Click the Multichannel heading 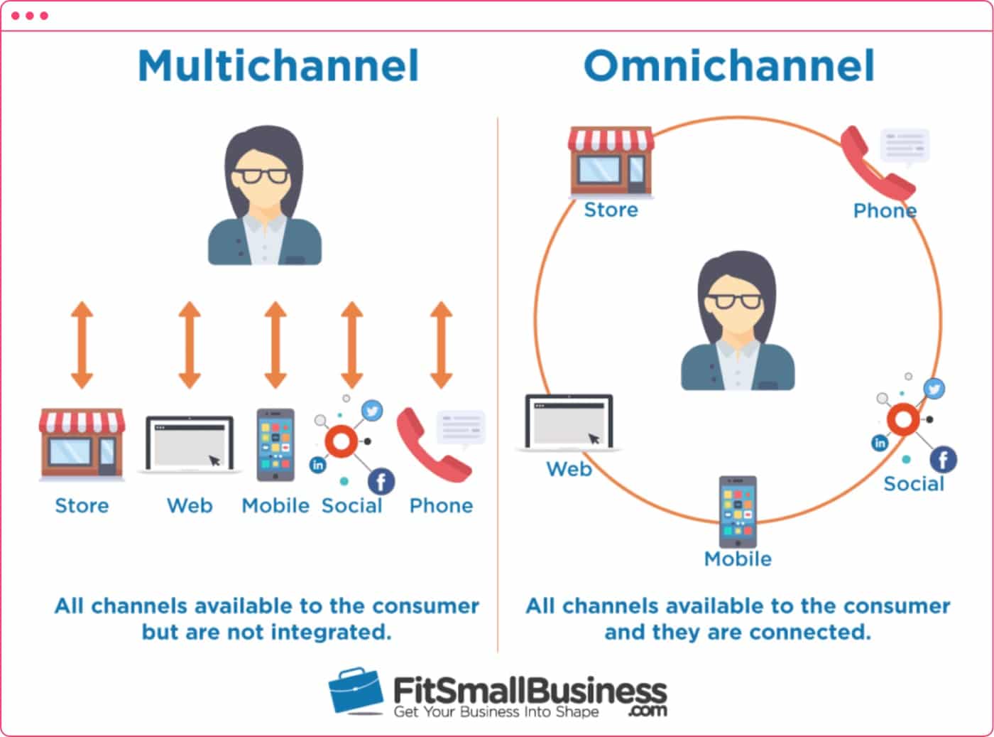[x=278, y=66]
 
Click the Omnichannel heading [x=729, y=66]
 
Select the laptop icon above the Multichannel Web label [x=190, y=443]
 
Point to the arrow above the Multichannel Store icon [x=82, y=345]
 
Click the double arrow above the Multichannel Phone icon [x=441, y=345]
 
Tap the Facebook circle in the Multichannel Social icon [x=381, y=481]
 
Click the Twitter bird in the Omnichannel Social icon [x=934, y=388]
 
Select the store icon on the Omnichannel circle [x=611, y=161]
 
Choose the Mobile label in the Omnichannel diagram [x=738, y=559]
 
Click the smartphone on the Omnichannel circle [x=738, y=511]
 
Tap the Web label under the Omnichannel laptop [x=569, y=469]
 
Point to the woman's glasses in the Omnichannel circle [x=738, y=301]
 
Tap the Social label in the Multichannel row [x=351, y=505]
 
